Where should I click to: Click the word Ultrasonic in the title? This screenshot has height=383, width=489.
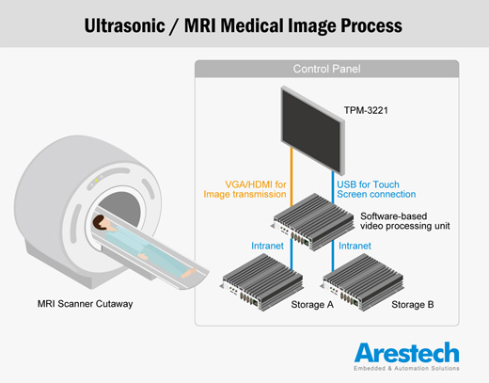[124, 25]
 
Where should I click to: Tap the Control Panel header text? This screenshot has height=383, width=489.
[326, 69]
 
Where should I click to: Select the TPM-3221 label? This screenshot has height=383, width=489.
[366, 110]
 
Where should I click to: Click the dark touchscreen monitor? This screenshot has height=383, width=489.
[313, 130]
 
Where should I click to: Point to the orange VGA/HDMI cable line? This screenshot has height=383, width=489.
[292, 177]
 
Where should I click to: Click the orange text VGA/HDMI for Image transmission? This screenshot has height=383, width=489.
[244, 189]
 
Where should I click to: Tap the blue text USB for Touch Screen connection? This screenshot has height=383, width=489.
[376, 189]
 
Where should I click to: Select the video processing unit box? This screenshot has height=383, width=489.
[313, 222]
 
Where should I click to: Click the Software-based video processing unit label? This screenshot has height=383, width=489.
[405, 221]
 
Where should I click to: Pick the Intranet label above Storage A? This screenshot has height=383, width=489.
[267, 246]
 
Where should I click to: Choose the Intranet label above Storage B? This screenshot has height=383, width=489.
[355, 246]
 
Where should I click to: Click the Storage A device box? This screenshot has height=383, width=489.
[262, 282]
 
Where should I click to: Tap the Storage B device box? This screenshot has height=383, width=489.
[363, 282]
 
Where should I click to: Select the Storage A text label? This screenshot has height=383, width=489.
[312, 305]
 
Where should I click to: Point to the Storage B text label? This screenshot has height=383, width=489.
[413, 305]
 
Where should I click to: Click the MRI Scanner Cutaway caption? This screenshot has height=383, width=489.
[86, 304]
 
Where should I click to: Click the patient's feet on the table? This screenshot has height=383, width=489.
[189, 273]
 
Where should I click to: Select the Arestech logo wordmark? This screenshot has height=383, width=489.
[406, 353]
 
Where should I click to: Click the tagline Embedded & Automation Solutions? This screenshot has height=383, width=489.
[406, 368]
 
